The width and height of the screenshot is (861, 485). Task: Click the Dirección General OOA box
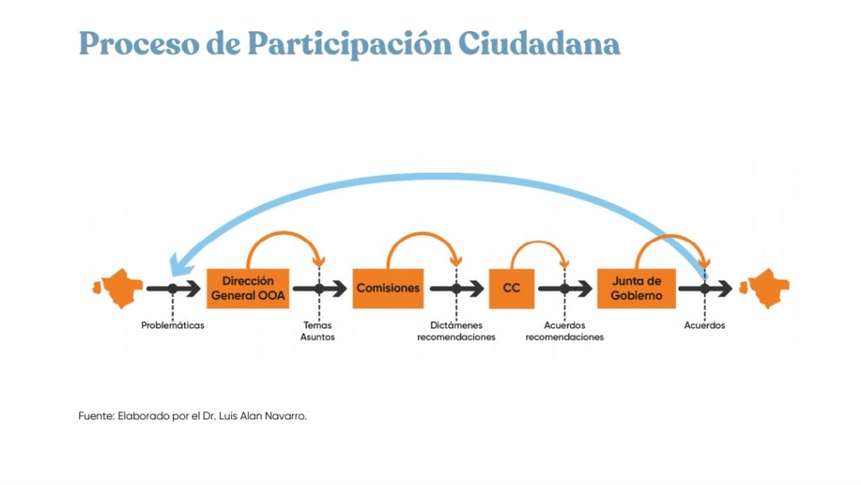[x=248, y=288]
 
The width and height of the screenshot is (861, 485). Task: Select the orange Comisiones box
[x=388, y=288]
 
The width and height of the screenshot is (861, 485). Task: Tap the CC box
[x=511, y=288]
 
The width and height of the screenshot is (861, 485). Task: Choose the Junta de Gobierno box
[x=637, y=288]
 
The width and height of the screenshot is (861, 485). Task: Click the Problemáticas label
[x=172, y=325]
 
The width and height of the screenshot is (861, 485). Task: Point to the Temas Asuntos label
[x=317, y=331]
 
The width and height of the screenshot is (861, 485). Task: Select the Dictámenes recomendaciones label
[x=457, y=331]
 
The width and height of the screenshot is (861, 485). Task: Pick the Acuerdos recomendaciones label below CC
[x=564, y=331]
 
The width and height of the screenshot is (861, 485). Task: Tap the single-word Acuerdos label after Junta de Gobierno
[x=705, y=325]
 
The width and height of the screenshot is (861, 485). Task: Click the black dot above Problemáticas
[x=172, y=289]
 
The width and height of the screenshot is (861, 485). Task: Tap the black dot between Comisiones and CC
[x=457, y=289]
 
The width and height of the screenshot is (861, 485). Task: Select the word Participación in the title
[x=349, y=45]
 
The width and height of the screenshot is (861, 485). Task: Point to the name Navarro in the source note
[x=286, y=416]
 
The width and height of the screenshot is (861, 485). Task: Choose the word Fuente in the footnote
[x=96, y=416]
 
